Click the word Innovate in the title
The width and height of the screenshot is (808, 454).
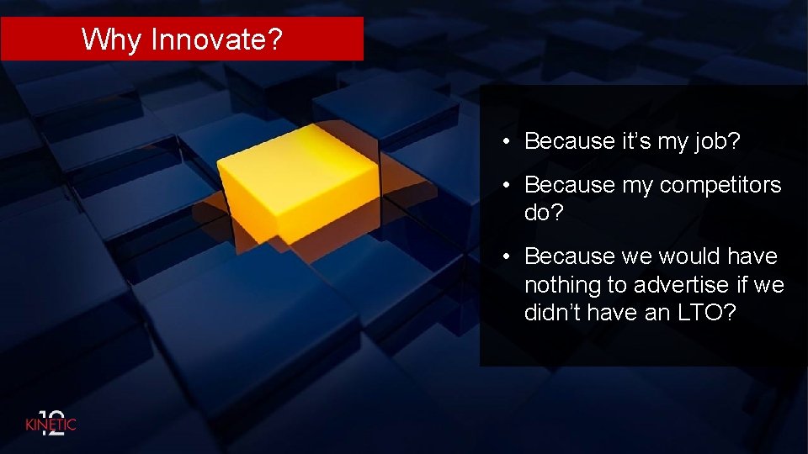(205, 40)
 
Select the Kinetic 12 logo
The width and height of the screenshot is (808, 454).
(50, 423)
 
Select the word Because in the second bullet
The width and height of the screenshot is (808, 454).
(570, 185)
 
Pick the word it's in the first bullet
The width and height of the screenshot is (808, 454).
(637, 141)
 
